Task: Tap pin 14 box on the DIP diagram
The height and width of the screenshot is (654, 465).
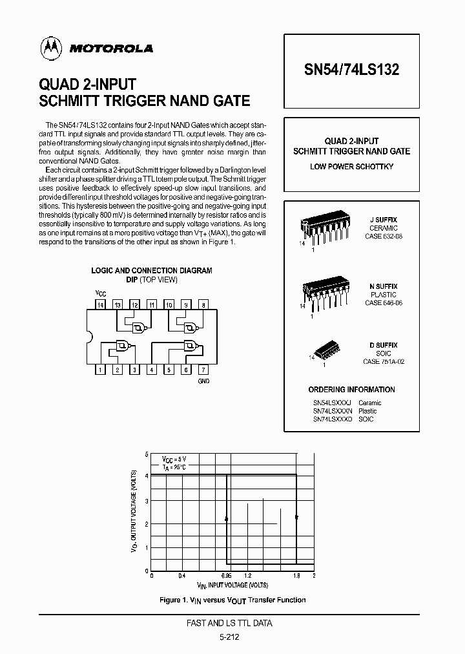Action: pos(100,304)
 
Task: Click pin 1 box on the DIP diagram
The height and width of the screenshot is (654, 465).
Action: pos(100,370)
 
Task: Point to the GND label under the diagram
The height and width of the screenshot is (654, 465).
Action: pos(203,381)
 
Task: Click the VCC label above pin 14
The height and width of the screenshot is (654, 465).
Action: pos(100,293)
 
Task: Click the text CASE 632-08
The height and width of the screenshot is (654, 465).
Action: pos(384,237)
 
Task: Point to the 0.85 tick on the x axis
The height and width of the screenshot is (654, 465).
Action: pos(227,575)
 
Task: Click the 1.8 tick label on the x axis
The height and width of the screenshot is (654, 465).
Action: pos(296,575)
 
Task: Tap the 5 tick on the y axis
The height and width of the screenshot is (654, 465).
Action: pos(147,454)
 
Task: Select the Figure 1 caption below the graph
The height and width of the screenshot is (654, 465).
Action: pos(232,600)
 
